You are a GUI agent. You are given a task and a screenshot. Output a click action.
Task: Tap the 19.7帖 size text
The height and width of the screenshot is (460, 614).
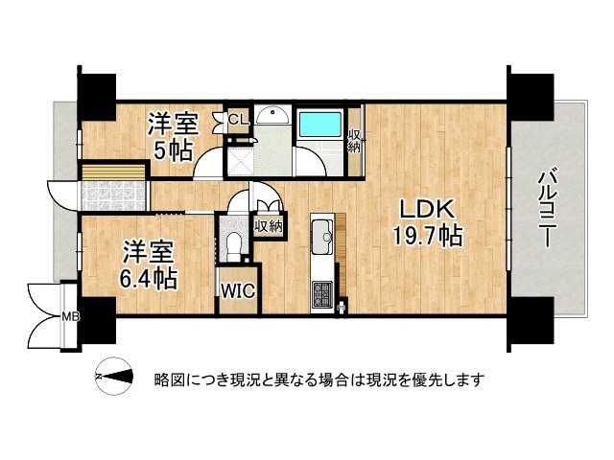point(427,237)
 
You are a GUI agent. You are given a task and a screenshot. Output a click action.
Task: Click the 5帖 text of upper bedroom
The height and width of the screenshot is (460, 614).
point(173,150)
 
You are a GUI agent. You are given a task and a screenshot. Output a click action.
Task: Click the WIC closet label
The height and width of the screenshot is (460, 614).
point(236,291)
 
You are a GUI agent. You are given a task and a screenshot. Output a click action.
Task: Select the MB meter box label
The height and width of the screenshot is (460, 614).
point(70,315)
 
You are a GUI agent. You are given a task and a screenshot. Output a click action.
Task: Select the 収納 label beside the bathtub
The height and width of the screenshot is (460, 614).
point(354,141)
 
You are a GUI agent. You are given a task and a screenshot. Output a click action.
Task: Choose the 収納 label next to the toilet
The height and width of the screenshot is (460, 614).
point(269,226)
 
